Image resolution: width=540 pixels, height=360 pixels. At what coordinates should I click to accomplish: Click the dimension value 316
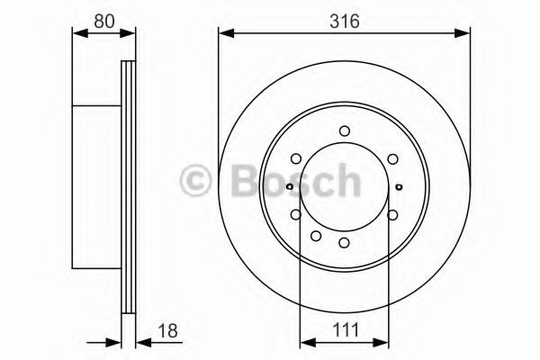[x=345, y=22]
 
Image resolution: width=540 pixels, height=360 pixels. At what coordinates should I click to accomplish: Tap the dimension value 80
[x=104, y=22]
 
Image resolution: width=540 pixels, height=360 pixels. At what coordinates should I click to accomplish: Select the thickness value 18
[x=167, y=330]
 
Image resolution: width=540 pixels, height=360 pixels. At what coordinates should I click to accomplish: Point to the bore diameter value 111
[x=346, y=330]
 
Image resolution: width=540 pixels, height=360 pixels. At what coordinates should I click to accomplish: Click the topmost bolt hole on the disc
[x=345, y=131]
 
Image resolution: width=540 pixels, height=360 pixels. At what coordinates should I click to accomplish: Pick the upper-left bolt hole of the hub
[x=296, y=158]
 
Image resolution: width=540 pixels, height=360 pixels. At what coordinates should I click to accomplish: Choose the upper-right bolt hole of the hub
[x=392, y=158]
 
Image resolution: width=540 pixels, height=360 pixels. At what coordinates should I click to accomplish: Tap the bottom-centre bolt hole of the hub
[x=344, y=242]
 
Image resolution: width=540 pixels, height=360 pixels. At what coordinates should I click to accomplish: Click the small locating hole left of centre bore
[x=290, y=186]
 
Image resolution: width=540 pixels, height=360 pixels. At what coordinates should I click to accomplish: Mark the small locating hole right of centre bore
[x=399, y=186]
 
